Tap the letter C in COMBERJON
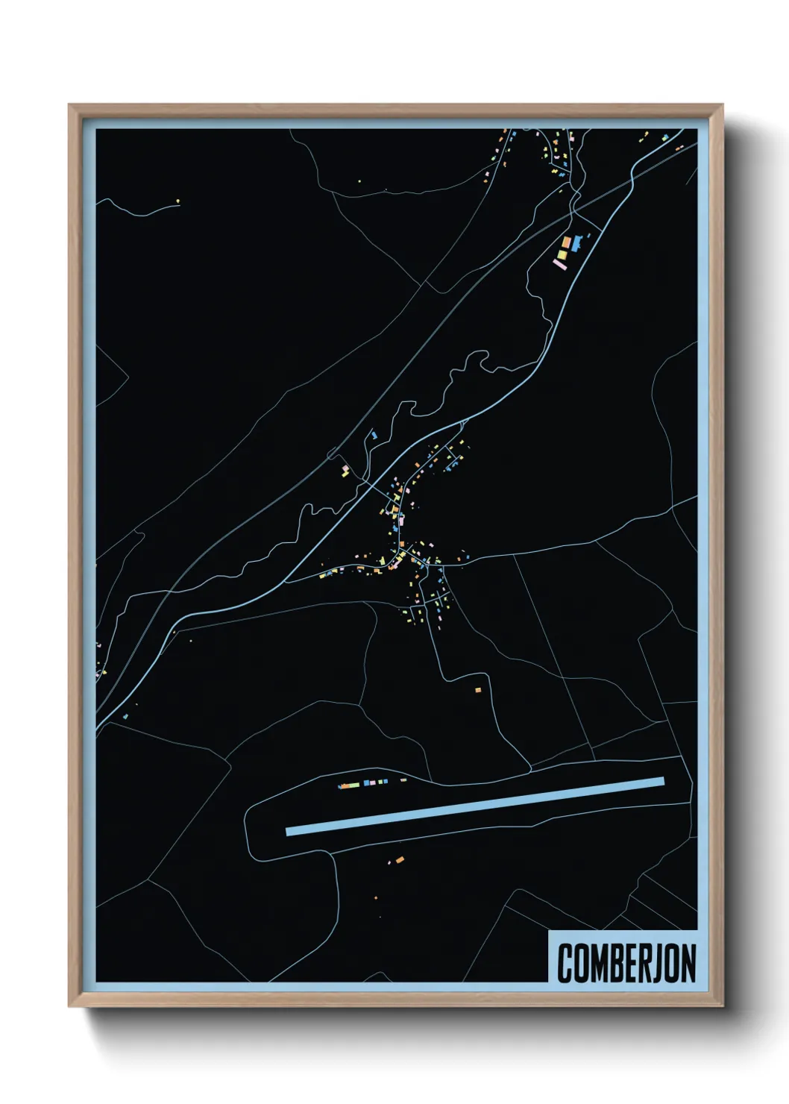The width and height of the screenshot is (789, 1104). [x=565, y=964]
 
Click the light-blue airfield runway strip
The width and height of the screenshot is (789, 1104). [x=475, y=806]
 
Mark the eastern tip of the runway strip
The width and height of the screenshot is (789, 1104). [x=662, y=782]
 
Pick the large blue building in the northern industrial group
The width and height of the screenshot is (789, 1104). [x=576, y=241]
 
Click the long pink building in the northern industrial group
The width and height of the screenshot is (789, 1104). [x=559, y=263]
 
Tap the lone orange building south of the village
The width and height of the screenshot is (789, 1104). [x=478, y=691]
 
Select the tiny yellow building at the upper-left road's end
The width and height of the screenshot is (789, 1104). [x=178, y=200]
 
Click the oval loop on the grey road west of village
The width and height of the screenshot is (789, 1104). [x=333, y=454]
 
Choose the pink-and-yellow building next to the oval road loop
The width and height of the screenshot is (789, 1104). [x=345, y=471]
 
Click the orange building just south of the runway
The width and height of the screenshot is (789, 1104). [x=400, y=860]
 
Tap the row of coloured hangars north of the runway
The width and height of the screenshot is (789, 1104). [x=364, y=783]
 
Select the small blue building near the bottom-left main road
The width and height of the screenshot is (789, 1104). [x=125, y=716]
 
